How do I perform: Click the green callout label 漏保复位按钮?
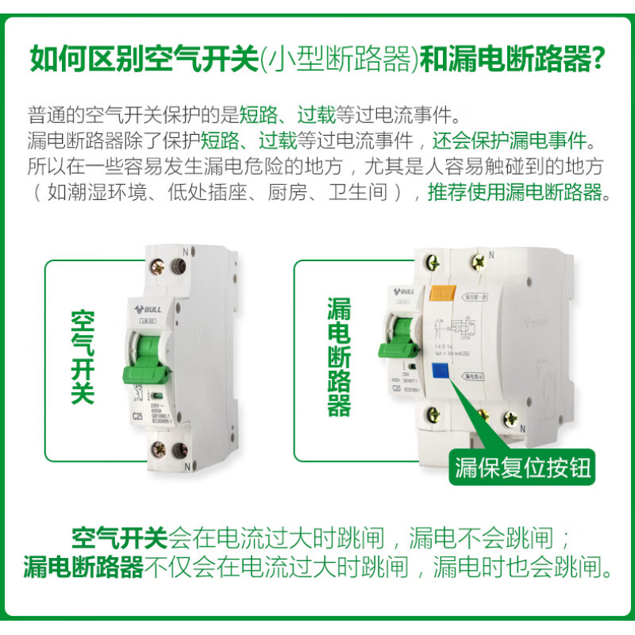(524, 468)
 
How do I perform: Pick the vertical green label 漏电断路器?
(339, 357)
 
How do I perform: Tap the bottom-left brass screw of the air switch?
(156, 455)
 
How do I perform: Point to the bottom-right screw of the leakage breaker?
(483, 414)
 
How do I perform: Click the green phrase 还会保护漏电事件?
(512, 140)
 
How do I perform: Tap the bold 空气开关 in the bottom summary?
(120, 539)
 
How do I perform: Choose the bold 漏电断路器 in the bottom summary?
(83, 567)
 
